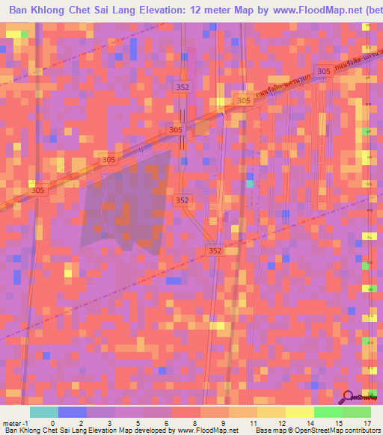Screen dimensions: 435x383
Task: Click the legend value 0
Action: (x=52, y=422)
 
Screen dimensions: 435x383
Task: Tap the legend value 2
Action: (x=81, y=422)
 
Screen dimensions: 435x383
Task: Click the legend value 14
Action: (x=310, y=422)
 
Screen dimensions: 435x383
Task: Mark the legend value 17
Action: (x=367, y=422)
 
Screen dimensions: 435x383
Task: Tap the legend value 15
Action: (x=338, y=422)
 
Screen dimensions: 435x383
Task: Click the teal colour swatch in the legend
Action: (x=43, y=412)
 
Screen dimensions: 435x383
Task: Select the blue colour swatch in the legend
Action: (x=72, y=412)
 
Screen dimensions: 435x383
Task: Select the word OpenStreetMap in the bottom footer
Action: (x=319, y=431)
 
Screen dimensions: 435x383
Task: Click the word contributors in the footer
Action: (x=362, y=431)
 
